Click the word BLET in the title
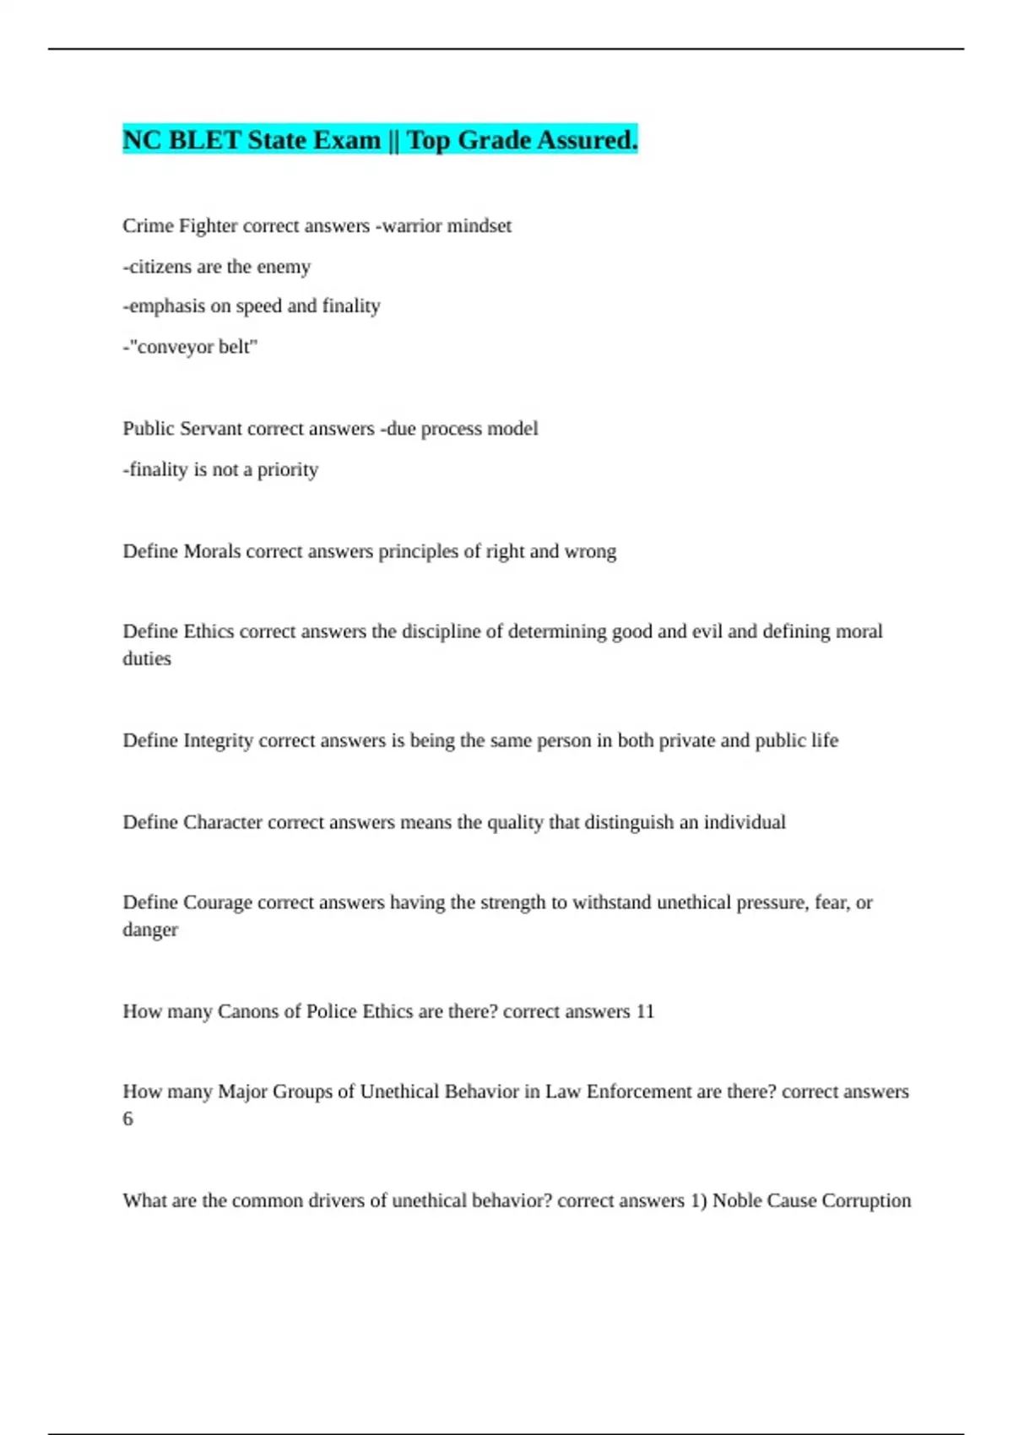(205, 140)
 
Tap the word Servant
(208, 429)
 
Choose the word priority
(288, 469)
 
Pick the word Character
(223, 822)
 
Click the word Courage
(218, 902)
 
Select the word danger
(150, 929)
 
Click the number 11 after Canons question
(645, 1011)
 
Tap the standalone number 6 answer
(128, 1118)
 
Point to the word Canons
(247, 1011)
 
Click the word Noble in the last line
(737, 1200)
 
